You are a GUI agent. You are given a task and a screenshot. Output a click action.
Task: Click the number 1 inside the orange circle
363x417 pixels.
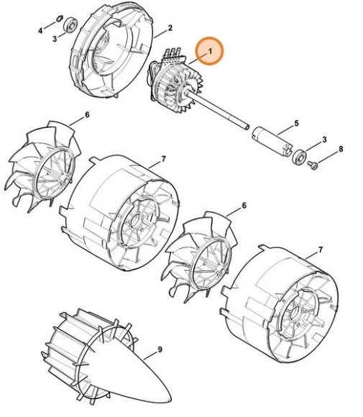[210, 52]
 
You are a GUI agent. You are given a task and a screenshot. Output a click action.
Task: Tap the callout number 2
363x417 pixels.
[170, 29]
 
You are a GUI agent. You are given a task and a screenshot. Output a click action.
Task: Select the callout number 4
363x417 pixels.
[41, 32]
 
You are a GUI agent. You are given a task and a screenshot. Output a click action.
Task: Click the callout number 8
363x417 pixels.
[341, 149]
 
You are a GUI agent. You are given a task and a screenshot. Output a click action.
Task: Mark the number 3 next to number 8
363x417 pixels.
[324, 139]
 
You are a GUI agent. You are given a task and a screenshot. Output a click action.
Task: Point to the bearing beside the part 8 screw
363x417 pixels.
[298, 155]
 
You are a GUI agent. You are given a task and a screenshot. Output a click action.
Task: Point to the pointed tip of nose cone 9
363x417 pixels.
[173, 400]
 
